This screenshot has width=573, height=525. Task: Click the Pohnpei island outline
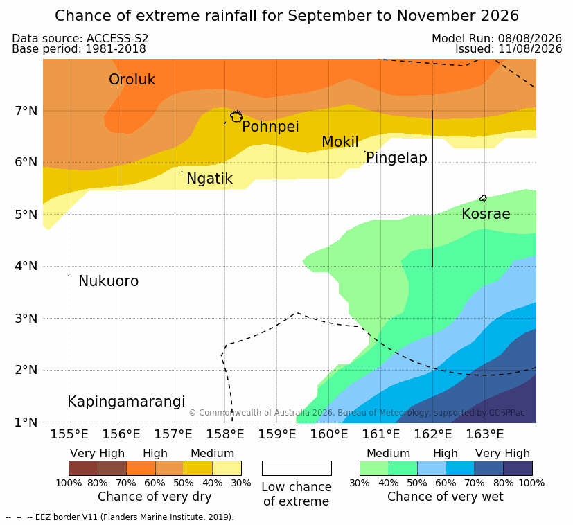(x=231, y=117)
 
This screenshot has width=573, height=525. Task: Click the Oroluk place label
(x=132, y=80)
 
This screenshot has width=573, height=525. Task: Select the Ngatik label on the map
(x=210, y=179)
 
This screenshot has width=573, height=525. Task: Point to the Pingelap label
(x=396, y=158)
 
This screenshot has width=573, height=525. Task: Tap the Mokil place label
(x=340, y=142)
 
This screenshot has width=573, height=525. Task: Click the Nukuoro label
(x=109, y=281)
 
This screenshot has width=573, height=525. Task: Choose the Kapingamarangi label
(x=126, y=402)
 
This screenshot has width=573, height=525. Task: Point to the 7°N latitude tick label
(x=26, y=111)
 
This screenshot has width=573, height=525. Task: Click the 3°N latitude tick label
(x=26, y=319)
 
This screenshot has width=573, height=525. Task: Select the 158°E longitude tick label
(x=225, y=434)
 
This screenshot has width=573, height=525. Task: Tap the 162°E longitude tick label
(x=433, y=434)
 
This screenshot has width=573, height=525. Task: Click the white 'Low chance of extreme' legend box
(x=297, y=468)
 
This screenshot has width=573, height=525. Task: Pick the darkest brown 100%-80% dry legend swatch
(x=83, y=468)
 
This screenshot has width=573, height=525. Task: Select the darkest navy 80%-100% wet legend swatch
(x=518, y=468)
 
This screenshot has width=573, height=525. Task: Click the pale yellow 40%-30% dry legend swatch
(x=227, y=468)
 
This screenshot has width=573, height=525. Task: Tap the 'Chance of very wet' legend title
(x=445, y=497)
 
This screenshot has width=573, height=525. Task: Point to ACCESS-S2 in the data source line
(x=117, y=38)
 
